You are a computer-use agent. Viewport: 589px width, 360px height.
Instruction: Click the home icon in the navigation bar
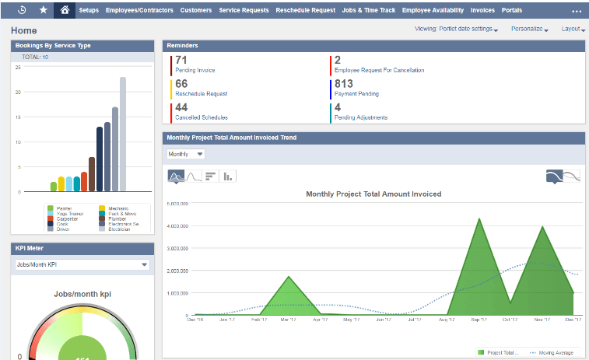pos(65,10)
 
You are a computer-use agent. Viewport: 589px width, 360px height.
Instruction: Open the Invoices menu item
pos(482,11)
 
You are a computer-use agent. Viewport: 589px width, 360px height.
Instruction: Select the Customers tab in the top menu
pos(196,11)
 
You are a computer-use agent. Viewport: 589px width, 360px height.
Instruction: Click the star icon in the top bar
pos(43,10)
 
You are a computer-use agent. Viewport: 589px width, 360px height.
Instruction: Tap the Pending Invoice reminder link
pos(195,70)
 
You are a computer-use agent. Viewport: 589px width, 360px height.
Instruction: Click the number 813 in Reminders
pos(343,84)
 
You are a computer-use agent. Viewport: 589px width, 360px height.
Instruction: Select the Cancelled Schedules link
pos(202,117)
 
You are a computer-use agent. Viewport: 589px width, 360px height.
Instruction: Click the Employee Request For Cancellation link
pos(379,70)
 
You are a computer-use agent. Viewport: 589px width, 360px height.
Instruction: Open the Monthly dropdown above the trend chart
pos(185,154)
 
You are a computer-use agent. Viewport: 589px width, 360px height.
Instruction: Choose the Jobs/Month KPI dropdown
pos(82,264)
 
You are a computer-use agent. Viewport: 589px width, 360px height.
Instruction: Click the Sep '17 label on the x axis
pos(479,319)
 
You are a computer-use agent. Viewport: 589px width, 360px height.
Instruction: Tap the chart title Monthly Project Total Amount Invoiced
pos(373,194)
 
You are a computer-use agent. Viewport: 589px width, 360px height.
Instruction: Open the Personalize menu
pos(530,29)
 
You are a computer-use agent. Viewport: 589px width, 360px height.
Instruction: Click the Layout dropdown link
pos(573,29)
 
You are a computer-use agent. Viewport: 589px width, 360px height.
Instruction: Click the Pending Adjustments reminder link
pos(360,117)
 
